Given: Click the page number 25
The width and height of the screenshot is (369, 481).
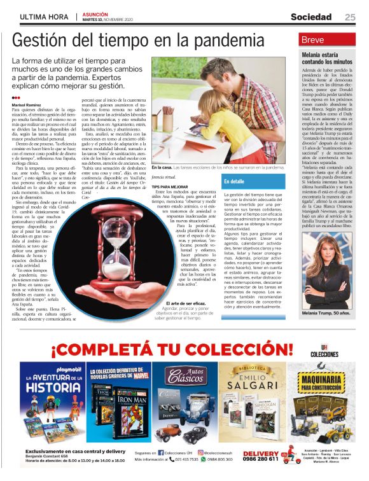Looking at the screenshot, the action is [350, 17].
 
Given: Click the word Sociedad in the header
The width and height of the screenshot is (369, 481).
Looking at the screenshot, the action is [311, 17].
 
